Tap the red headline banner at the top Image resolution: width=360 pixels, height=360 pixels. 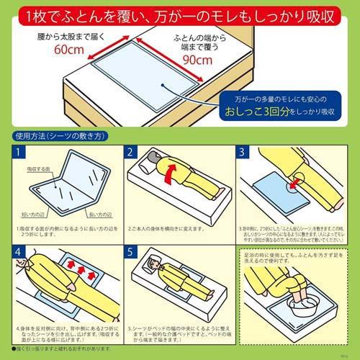tap(179, 14)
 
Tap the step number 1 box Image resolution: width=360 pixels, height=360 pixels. tap(20, 153)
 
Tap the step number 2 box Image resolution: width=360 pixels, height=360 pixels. tap(131, 153)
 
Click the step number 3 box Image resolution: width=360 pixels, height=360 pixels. tap(243, 153)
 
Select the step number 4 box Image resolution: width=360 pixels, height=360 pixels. tap(20, 253)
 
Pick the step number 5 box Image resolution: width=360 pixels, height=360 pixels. tap(131, 253)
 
